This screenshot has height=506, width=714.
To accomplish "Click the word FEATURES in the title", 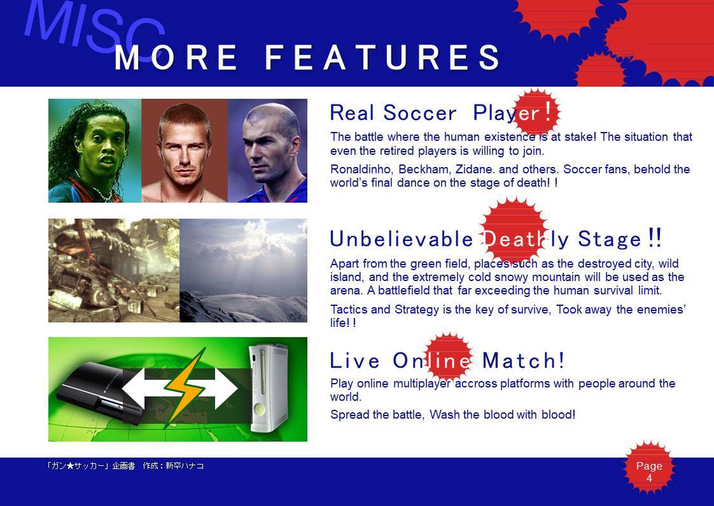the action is [382, 57].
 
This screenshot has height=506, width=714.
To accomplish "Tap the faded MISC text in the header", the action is [95, 28].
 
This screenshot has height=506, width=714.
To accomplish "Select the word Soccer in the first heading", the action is [419, 113].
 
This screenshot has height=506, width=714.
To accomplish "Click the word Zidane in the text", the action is [475, 169].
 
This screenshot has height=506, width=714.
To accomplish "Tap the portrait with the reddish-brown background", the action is [185, 150].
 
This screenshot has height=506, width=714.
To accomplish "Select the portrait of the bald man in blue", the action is [267, 150].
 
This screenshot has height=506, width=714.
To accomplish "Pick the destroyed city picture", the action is [114, 270].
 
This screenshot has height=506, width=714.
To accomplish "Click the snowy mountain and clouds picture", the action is [244, 270].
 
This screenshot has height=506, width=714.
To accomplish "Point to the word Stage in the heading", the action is [609, 239].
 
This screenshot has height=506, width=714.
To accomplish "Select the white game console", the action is [269, 388].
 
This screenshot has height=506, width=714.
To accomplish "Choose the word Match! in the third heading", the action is [523, 361].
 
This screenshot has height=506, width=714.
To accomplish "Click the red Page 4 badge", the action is [649, 467].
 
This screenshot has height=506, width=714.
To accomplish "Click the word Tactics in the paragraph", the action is [349, 310].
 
